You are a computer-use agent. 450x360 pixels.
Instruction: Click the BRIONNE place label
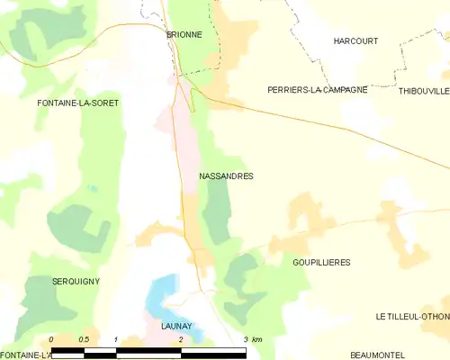184,34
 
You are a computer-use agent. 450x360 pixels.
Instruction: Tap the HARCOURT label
355,41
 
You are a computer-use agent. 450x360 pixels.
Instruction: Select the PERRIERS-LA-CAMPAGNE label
317,90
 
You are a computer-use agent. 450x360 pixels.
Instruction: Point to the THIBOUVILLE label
423,90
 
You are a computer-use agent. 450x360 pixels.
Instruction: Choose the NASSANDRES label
225,176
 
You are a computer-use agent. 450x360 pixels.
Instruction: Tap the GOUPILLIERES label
321,262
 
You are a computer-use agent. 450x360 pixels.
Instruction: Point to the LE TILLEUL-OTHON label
412,317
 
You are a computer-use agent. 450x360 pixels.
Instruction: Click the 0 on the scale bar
51,339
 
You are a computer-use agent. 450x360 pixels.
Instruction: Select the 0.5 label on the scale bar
83,339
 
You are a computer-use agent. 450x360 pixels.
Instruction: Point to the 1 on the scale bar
116,339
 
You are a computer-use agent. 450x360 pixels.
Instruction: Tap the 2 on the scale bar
181,339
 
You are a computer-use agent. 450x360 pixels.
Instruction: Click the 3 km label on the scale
252,339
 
